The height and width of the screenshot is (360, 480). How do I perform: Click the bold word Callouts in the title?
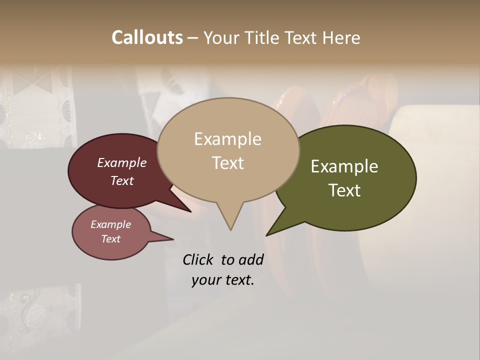click(x=147, y=37)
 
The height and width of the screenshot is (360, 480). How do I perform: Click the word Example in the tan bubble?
click(x=227, y=139)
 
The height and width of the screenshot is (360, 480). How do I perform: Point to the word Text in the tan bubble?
click(x=227, y=163)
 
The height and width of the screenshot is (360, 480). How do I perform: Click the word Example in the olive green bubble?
click(x=344, y=166)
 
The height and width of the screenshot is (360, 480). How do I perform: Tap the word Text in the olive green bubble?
click(x=344, y=190)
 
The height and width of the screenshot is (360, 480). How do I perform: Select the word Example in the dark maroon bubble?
click(x=122, y=162)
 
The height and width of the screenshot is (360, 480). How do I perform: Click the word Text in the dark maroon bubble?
click(x=122, y=180)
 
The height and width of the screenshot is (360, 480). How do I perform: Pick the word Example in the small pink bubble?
click(x=111, y=224)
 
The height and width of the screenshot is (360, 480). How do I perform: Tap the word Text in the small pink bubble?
click(x=111, y=239)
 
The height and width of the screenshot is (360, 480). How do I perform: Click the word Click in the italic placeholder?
click(x=198, y=259)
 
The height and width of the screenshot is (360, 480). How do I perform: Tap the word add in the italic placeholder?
click(x=251, y=259)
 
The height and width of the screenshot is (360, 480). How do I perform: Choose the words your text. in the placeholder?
click(x=223, y=280)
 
